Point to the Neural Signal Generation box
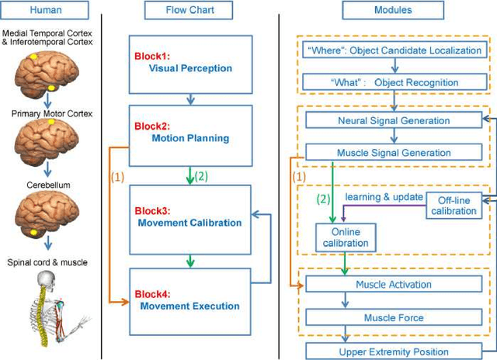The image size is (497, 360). (x=393, y=121)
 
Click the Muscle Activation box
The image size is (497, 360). (x=393, y=284)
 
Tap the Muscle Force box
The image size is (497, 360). (x=393, y=317)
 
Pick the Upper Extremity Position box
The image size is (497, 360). (x=393, y=351)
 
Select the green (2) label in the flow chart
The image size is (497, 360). (x=202, y=175)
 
